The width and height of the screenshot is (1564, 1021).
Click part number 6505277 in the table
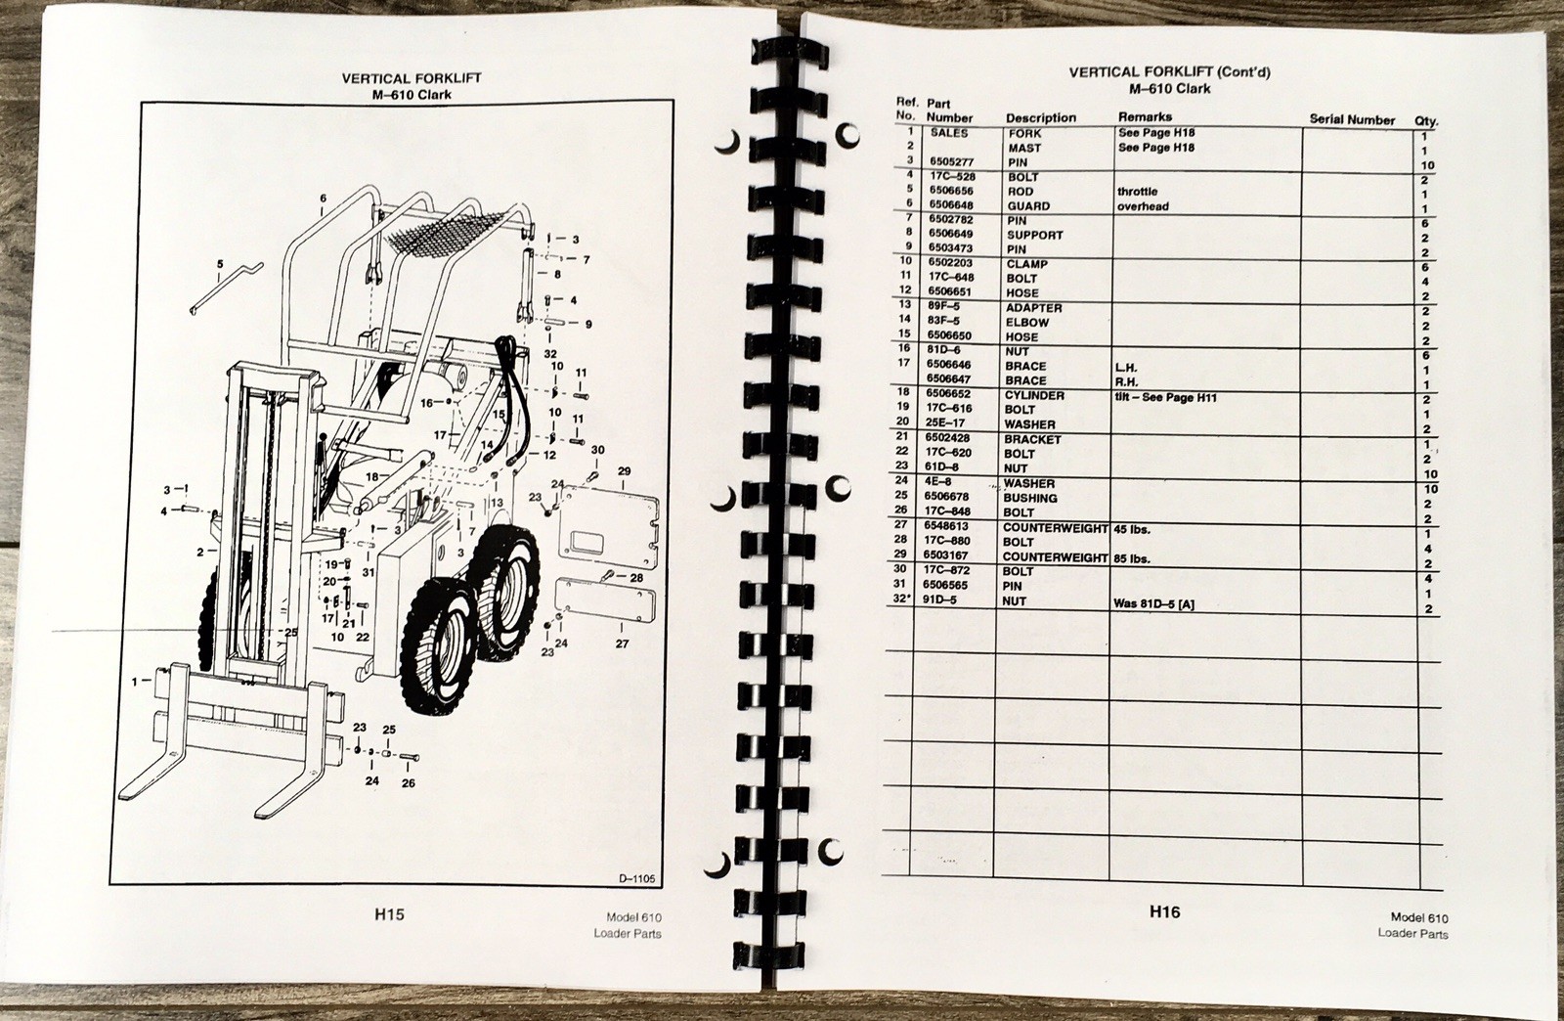(950, 162)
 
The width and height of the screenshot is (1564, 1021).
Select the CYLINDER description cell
(1034, 395)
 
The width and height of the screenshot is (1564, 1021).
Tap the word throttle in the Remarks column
(1138, 192)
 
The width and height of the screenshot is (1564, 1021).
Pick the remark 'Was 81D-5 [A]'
(1153, 603)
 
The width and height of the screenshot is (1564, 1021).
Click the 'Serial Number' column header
(1352, 119)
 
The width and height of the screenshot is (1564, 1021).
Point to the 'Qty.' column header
(1426, 121)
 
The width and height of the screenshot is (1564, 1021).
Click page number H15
(389, 913)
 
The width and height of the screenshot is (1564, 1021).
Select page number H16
(1164, 911)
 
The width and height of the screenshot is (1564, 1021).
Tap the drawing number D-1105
(636, 878)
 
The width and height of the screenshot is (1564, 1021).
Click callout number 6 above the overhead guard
(323, 199)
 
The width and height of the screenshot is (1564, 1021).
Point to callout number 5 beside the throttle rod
(220, 264)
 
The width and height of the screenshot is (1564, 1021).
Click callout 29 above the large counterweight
(625, 471)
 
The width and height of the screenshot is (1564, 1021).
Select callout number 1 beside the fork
(136, 682)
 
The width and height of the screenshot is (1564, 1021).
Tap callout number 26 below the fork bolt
(409, 782)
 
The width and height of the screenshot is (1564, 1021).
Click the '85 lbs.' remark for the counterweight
(1132, 558)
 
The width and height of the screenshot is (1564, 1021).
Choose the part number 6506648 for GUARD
(950, 205)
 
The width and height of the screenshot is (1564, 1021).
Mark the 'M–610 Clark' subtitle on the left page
(412, 94)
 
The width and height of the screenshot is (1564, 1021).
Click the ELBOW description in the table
(1027, 323)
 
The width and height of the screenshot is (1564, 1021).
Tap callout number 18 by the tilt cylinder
(372, 477)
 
